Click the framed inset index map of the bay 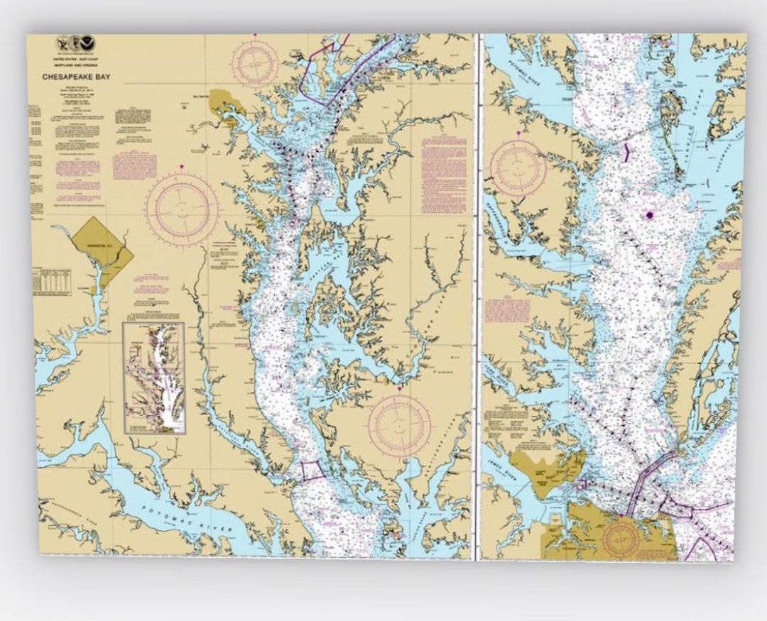(x=153, y=378)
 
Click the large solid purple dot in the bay (x=649, y=215)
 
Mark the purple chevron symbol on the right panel (x=626, y=153)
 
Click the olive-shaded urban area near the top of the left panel (x=227, y=103)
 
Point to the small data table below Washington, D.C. (x=52, y=282)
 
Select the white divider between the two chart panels (x=477, y=298)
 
